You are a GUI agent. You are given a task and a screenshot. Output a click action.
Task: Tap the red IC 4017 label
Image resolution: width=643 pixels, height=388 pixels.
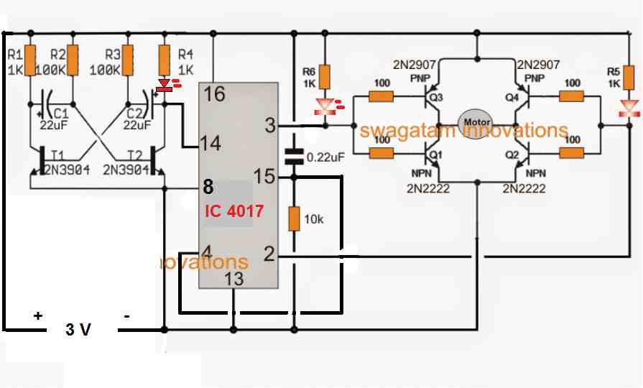pyautogui.click(x=233, y=212)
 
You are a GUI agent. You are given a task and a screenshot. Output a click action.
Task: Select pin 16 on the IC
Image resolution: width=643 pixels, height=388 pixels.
pyautogui.click(x=213, y=93)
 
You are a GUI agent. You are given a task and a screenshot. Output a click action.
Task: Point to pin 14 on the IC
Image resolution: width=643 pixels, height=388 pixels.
pyautogui.click(x=211, y=144)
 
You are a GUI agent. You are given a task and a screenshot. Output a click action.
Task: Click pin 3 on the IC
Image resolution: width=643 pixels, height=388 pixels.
pyautogui.click(x=270, y=126)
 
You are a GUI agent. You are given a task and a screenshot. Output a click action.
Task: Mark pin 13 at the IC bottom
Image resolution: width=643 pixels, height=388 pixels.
pyautogui.click(x=234, y=279)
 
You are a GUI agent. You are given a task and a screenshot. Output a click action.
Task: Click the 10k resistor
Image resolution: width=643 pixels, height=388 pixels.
pyautogui.click(x=294, y=218)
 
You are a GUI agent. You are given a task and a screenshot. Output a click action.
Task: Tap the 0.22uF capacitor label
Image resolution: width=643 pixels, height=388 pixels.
pyautogui.click(x=325, y=156)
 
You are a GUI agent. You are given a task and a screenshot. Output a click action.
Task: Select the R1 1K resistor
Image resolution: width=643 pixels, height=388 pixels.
pyautogui.click(x=30, y=56)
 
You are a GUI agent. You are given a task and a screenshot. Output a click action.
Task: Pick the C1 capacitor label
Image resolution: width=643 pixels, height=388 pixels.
pyautogui.click(x=61, y=114)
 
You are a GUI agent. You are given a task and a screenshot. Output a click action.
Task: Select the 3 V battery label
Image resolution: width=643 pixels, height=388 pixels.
pyautogui.click(x=79, y=330)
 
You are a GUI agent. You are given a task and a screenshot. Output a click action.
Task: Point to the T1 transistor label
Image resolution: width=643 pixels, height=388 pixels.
pyautogui.click(x=57, y=154)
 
